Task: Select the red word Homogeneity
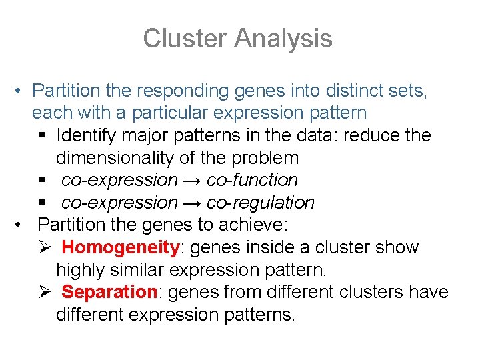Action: click(x=121, y=247)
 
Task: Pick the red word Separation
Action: click(x=109, y=292)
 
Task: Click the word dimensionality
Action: click(x=118, y=158)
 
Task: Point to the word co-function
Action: click(x=252, y=180)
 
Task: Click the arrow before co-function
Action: click(x=192, y=180)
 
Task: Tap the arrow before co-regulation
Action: click(x=192, y=203)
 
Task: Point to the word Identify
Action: click(x=81, y=135)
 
